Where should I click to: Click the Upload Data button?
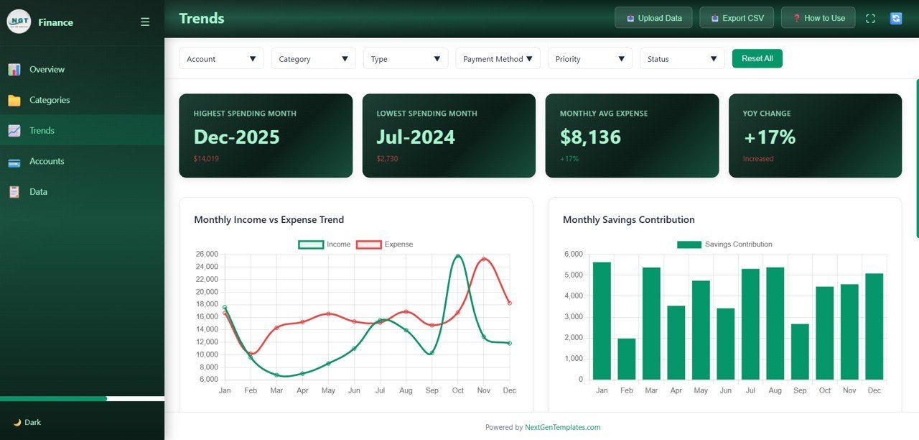tap(653, 18)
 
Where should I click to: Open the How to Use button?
tap(818, 18)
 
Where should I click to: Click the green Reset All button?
tap(757, 58)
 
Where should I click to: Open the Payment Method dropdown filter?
tap(498, 59)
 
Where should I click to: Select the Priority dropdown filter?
tap(589, 59)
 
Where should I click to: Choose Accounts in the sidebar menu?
tap(47, 161)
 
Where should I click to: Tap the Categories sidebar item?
tap(50, 100)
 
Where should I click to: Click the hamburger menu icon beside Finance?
tap(145, 22)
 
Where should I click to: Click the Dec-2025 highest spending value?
tap(237, 137)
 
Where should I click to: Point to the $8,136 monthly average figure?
tap(590, 137)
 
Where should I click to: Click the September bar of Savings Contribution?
tap(800, 352)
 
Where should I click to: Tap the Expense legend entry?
tap(385, 244)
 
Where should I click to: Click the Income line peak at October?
tap(458, 256)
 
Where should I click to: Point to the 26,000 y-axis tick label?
tap(207, 255)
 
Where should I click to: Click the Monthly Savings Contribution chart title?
tap(628, 219)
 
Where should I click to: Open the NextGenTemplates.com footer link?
tap(562, 427)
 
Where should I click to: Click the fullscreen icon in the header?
tap(870, 19)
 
